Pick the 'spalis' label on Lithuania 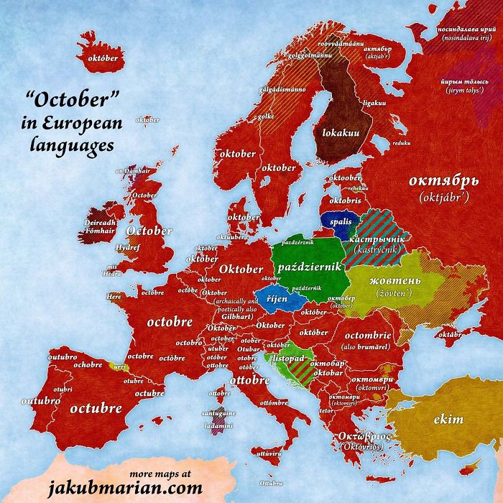click(341, 222)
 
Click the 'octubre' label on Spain click(95, 408)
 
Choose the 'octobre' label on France click(170, 322)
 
